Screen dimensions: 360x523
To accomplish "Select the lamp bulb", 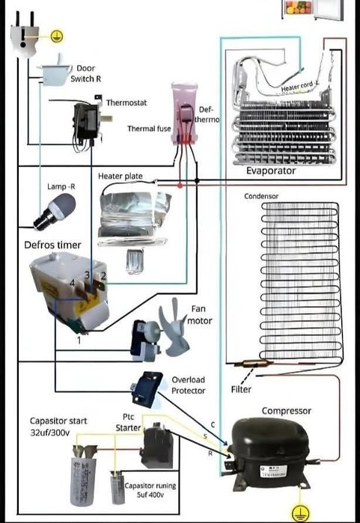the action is [55, 212].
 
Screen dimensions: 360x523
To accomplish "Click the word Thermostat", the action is [126, 103].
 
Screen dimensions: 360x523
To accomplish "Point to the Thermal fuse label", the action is [149, 129].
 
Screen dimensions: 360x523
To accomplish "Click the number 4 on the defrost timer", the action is [73, 283].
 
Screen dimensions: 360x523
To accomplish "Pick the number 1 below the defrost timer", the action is [79, 340].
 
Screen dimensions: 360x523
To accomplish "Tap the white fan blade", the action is [174, 328].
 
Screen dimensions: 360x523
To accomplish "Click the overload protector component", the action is [147, 389].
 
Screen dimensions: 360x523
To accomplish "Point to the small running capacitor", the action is [118, 487].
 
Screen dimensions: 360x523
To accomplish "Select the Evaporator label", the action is [271, 171].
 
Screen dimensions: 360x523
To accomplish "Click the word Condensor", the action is [261, 196].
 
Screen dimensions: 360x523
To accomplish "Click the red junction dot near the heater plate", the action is [180, 185].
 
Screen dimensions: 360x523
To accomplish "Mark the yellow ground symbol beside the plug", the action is [57, 36].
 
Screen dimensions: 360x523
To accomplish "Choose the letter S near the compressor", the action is [205, 437].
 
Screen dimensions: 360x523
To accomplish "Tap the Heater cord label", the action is [300, 86].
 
